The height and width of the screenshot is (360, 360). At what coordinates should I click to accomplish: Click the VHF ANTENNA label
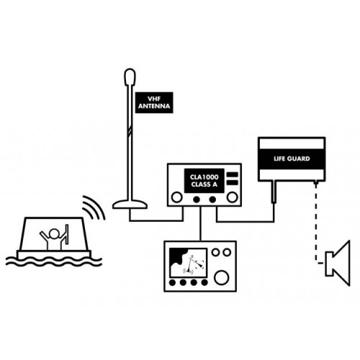pyautogui.click(x=154, y=102)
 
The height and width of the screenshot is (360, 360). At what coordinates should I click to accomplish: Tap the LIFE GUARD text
pyautogui.click(x=292, y=158)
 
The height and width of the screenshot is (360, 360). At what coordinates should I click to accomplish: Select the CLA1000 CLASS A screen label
pyautogui.click(x=204, y=181)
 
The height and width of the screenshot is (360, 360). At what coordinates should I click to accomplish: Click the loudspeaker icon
pyautogui.click(x=338, y=263)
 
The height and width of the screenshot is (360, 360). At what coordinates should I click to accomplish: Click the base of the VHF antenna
pyautogui.click(x=130, y=204)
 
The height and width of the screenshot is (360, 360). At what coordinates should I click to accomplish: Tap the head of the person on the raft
pyautogui.click(x=54, y=234)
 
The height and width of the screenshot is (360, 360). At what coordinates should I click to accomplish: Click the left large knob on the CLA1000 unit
pyautogui.click(x=177, y=197)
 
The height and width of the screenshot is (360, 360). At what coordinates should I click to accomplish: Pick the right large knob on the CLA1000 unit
pyautogui.click(x=232, y=197)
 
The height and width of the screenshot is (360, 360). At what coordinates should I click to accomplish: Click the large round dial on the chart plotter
pyautogui.click(x=222, y=277)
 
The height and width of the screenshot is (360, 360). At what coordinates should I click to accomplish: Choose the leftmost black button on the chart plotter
pyautogui.click(x=172, y=282)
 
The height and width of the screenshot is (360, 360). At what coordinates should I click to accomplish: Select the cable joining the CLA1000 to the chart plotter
pyautogui.click(x=200, y=224)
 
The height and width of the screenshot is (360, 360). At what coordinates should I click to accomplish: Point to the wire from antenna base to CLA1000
pyautogui.click(x=156, y=220)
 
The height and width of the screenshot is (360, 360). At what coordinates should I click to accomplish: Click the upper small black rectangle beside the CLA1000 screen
pyautogui.click(x=233, y=174)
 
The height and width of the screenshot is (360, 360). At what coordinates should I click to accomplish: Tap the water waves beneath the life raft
pyautogui.click(x=54, y=261)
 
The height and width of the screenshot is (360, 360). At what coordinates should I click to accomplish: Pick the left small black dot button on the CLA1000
pyautogui.click(x=197, y=199)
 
